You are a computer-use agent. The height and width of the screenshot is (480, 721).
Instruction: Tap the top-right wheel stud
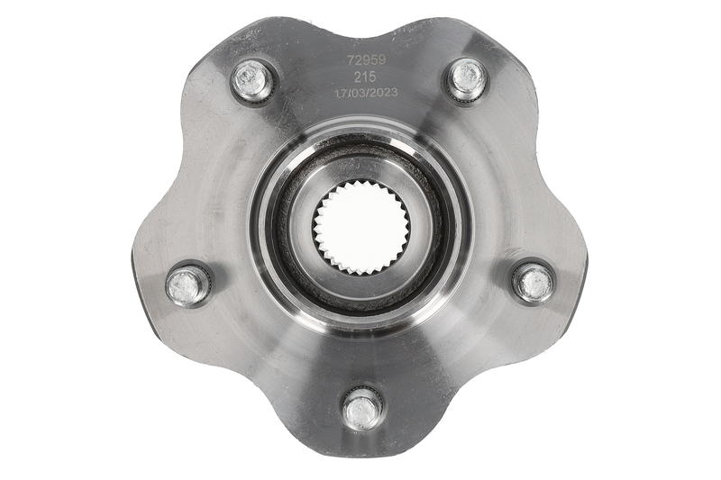(x=467, y=78)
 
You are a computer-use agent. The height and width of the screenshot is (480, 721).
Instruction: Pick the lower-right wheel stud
(x=534, y=281)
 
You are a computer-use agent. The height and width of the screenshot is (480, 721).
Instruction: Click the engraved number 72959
(x=367, y=59)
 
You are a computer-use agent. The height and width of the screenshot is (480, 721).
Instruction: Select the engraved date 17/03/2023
(x=366, y=93)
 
